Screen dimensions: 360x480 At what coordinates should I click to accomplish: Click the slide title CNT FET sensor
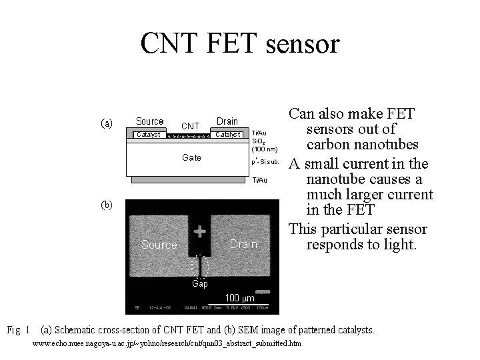(240, 43)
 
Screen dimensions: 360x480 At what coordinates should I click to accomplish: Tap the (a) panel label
(107, 123)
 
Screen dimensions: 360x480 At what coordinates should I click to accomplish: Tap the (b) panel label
(107, 205)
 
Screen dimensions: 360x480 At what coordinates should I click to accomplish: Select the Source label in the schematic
(150, 121)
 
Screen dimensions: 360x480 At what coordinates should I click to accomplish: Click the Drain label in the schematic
(227, 121)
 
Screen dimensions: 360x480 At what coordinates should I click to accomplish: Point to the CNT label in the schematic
(191, 126)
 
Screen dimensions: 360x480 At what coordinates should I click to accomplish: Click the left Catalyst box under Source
(148, 135)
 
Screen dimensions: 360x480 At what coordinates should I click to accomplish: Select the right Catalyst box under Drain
(228, 135)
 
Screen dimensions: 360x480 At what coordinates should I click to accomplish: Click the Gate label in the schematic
(191, 158)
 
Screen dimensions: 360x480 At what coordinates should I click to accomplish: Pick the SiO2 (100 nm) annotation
(265, 145)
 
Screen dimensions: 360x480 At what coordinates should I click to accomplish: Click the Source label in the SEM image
(159, 245)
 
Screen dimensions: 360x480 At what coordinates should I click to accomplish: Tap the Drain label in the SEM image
(243, 244)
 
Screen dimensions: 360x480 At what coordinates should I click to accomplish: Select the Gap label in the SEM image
(200, 283)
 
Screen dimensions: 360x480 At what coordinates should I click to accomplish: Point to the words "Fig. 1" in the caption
(18, 329)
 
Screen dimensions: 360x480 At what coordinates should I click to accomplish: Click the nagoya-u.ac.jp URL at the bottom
(167, 343)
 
